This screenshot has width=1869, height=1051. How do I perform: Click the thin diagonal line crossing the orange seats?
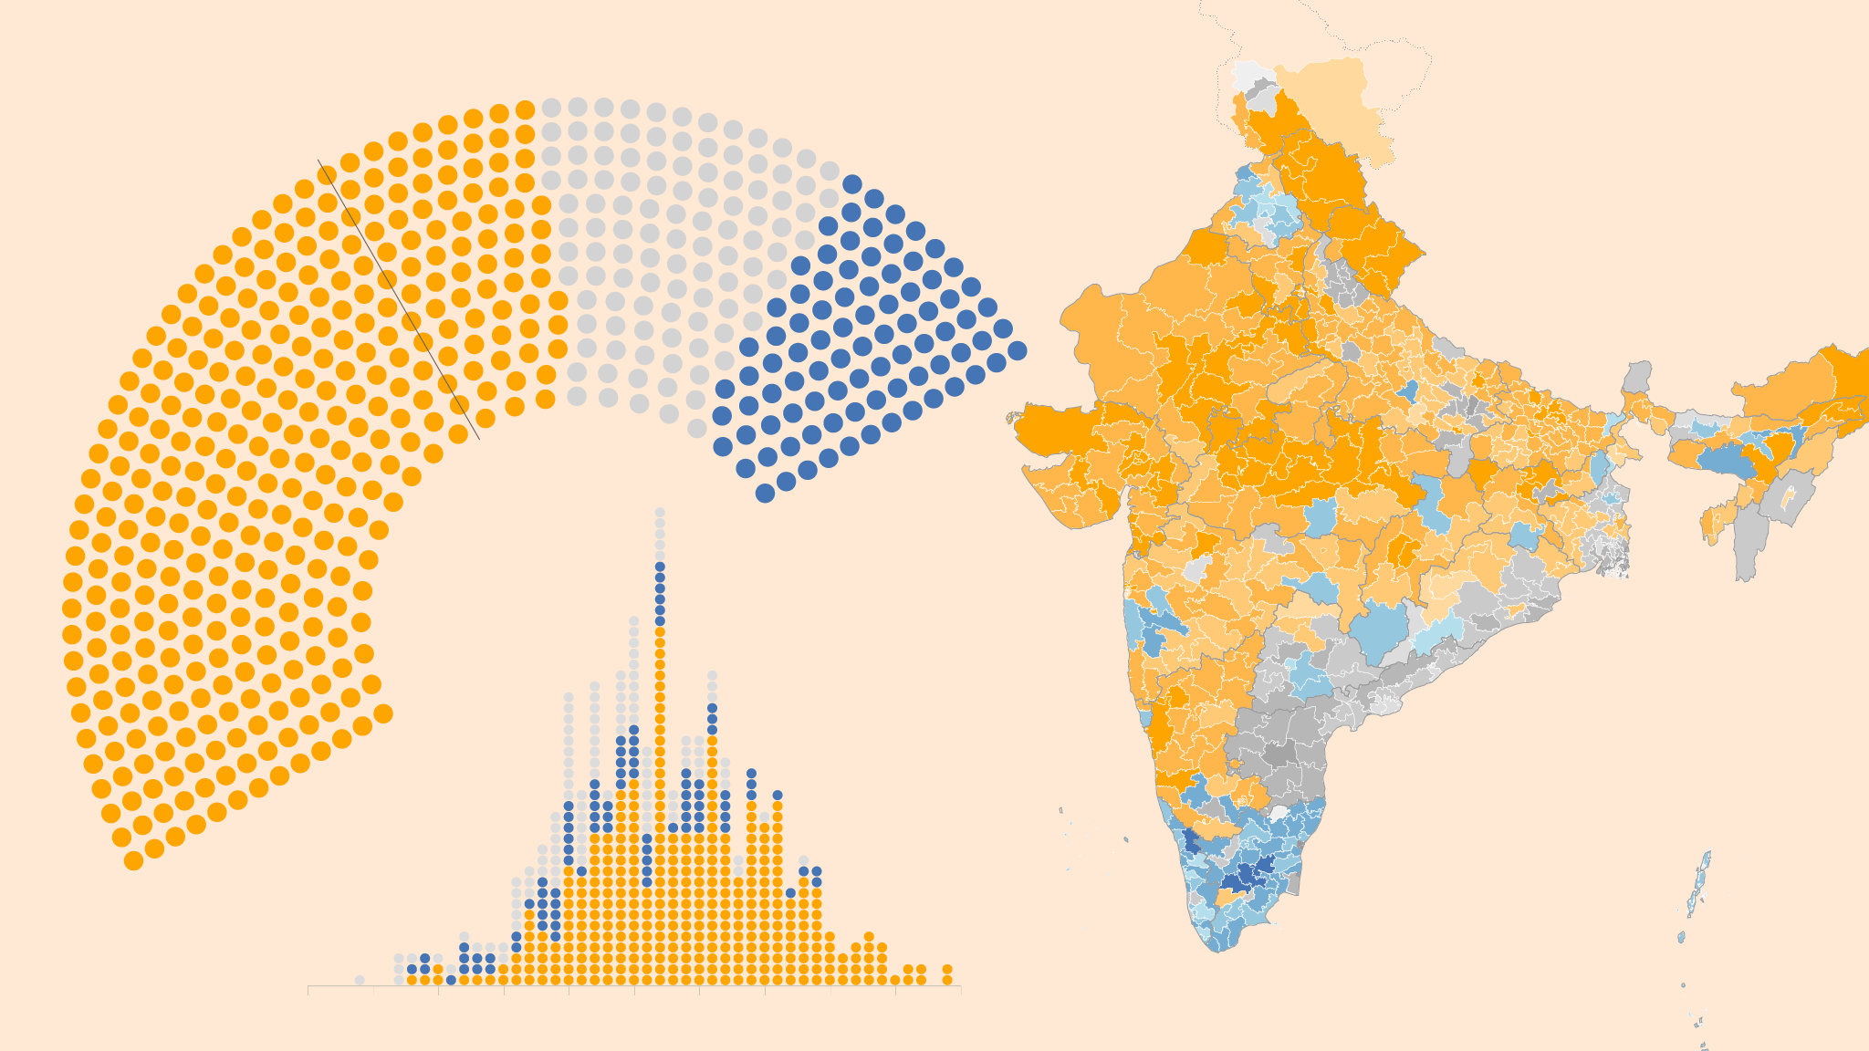point(399,300)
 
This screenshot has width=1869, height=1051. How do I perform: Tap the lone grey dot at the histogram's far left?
point(360,980)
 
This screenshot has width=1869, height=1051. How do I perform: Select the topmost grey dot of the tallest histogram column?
point(660,512)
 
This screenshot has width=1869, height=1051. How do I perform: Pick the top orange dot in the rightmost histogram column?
point(947,969)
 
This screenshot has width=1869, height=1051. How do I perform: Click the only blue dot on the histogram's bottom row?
point(451,980)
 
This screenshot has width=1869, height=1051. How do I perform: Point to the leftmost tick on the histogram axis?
point(308,990)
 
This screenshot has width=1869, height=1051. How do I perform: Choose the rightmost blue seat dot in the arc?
point(1018,350)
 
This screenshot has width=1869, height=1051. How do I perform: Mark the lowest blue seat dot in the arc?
point(765,494)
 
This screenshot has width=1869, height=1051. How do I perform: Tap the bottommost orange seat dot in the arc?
point(133,860)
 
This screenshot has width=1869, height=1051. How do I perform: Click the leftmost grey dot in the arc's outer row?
point(551,108)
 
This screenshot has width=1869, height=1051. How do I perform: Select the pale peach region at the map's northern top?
point(1332,100)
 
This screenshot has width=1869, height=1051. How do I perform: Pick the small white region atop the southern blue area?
point(1279,812)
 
